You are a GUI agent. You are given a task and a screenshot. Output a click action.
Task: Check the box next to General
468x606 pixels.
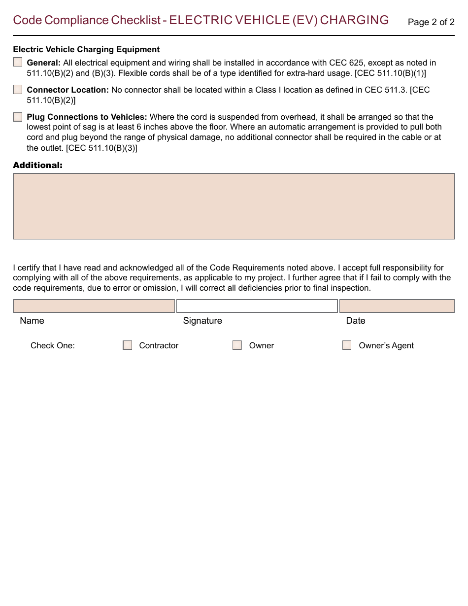(18, 62)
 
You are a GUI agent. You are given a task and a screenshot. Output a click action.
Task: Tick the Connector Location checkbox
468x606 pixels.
(18, 89)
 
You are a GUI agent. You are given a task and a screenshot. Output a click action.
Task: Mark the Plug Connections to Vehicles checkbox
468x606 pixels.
(18, 117)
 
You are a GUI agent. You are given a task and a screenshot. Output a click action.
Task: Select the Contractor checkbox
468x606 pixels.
(128, 345)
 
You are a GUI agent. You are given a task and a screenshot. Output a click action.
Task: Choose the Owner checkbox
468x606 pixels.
(237, 345)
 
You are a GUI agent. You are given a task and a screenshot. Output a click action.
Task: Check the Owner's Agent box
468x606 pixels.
(347, 345)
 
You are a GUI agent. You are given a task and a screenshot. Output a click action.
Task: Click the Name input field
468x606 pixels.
(94, 306)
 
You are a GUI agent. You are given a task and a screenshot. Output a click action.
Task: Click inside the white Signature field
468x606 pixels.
(257, 306)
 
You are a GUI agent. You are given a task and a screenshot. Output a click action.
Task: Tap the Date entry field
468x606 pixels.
(397, 306)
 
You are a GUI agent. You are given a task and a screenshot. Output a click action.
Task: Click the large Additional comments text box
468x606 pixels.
(234, 206)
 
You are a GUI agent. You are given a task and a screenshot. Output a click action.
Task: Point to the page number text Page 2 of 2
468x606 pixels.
(431, 22)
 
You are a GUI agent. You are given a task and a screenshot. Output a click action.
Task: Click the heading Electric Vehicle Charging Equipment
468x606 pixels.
(86, 49)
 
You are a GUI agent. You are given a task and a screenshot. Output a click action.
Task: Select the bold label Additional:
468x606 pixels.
(38, 165)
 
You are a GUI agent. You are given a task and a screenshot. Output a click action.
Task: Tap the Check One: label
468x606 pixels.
(53, 345)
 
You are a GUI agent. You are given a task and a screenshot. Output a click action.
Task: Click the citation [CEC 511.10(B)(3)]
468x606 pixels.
(101, 148)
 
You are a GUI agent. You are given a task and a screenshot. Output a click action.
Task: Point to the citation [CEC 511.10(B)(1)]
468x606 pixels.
(390, 73)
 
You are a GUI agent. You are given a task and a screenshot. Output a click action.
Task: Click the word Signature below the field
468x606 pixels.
(202, 321)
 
